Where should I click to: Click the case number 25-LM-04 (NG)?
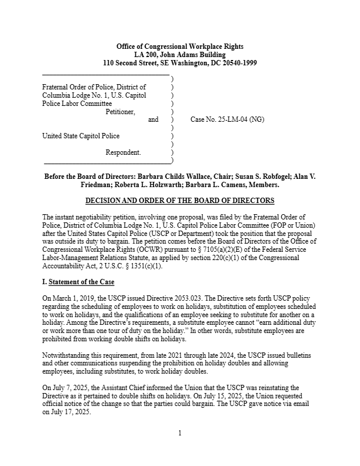227,119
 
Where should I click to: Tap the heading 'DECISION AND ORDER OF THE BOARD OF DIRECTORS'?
180,201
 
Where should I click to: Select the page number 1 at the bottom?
180,434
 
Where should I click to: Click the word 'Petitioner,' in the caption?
120,111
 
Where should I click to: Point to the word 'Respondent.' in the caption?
123,152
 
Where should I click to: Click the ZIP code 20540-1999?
236,63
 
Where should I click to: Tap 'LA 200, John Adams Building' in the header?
180,55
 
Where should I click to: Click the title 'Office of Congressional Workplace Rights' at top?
180,46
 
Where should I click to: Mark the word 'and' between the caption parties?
153,119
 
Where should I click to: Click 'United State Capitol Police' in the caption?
81,136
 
